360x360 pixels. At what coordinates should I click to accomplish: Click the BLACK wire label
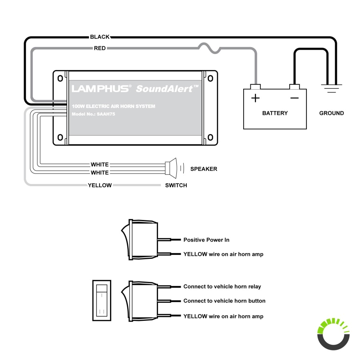coord(100,37)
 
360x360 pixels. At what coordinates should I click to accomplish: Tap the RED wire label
coord(100,48)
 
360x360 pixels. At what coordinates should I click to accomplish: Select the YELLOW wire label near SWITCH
coord(100,185)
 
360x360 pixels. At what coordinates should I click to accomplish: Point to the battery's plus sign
coord(255,98)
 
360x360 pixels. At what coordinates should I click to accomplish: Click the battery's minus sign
coord(294,98)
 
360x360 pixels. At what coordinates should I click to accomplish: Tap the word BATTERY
coord(275,113)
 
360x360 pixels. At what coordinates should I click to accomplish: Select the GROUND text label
coord(331,113)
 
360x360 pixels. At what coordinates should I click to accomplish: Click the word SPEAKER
coord(204,169)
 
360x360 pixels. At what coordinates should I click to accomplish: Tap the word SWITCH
coord(176,185)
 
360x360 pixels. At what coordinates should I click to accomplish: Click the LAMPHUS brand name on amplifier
coord(100,88)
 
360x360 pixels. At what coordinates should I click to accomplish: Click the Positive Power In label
coord(206,240)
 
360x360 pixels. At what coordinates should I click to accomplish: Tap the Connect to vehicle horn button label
coord(224,301)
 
